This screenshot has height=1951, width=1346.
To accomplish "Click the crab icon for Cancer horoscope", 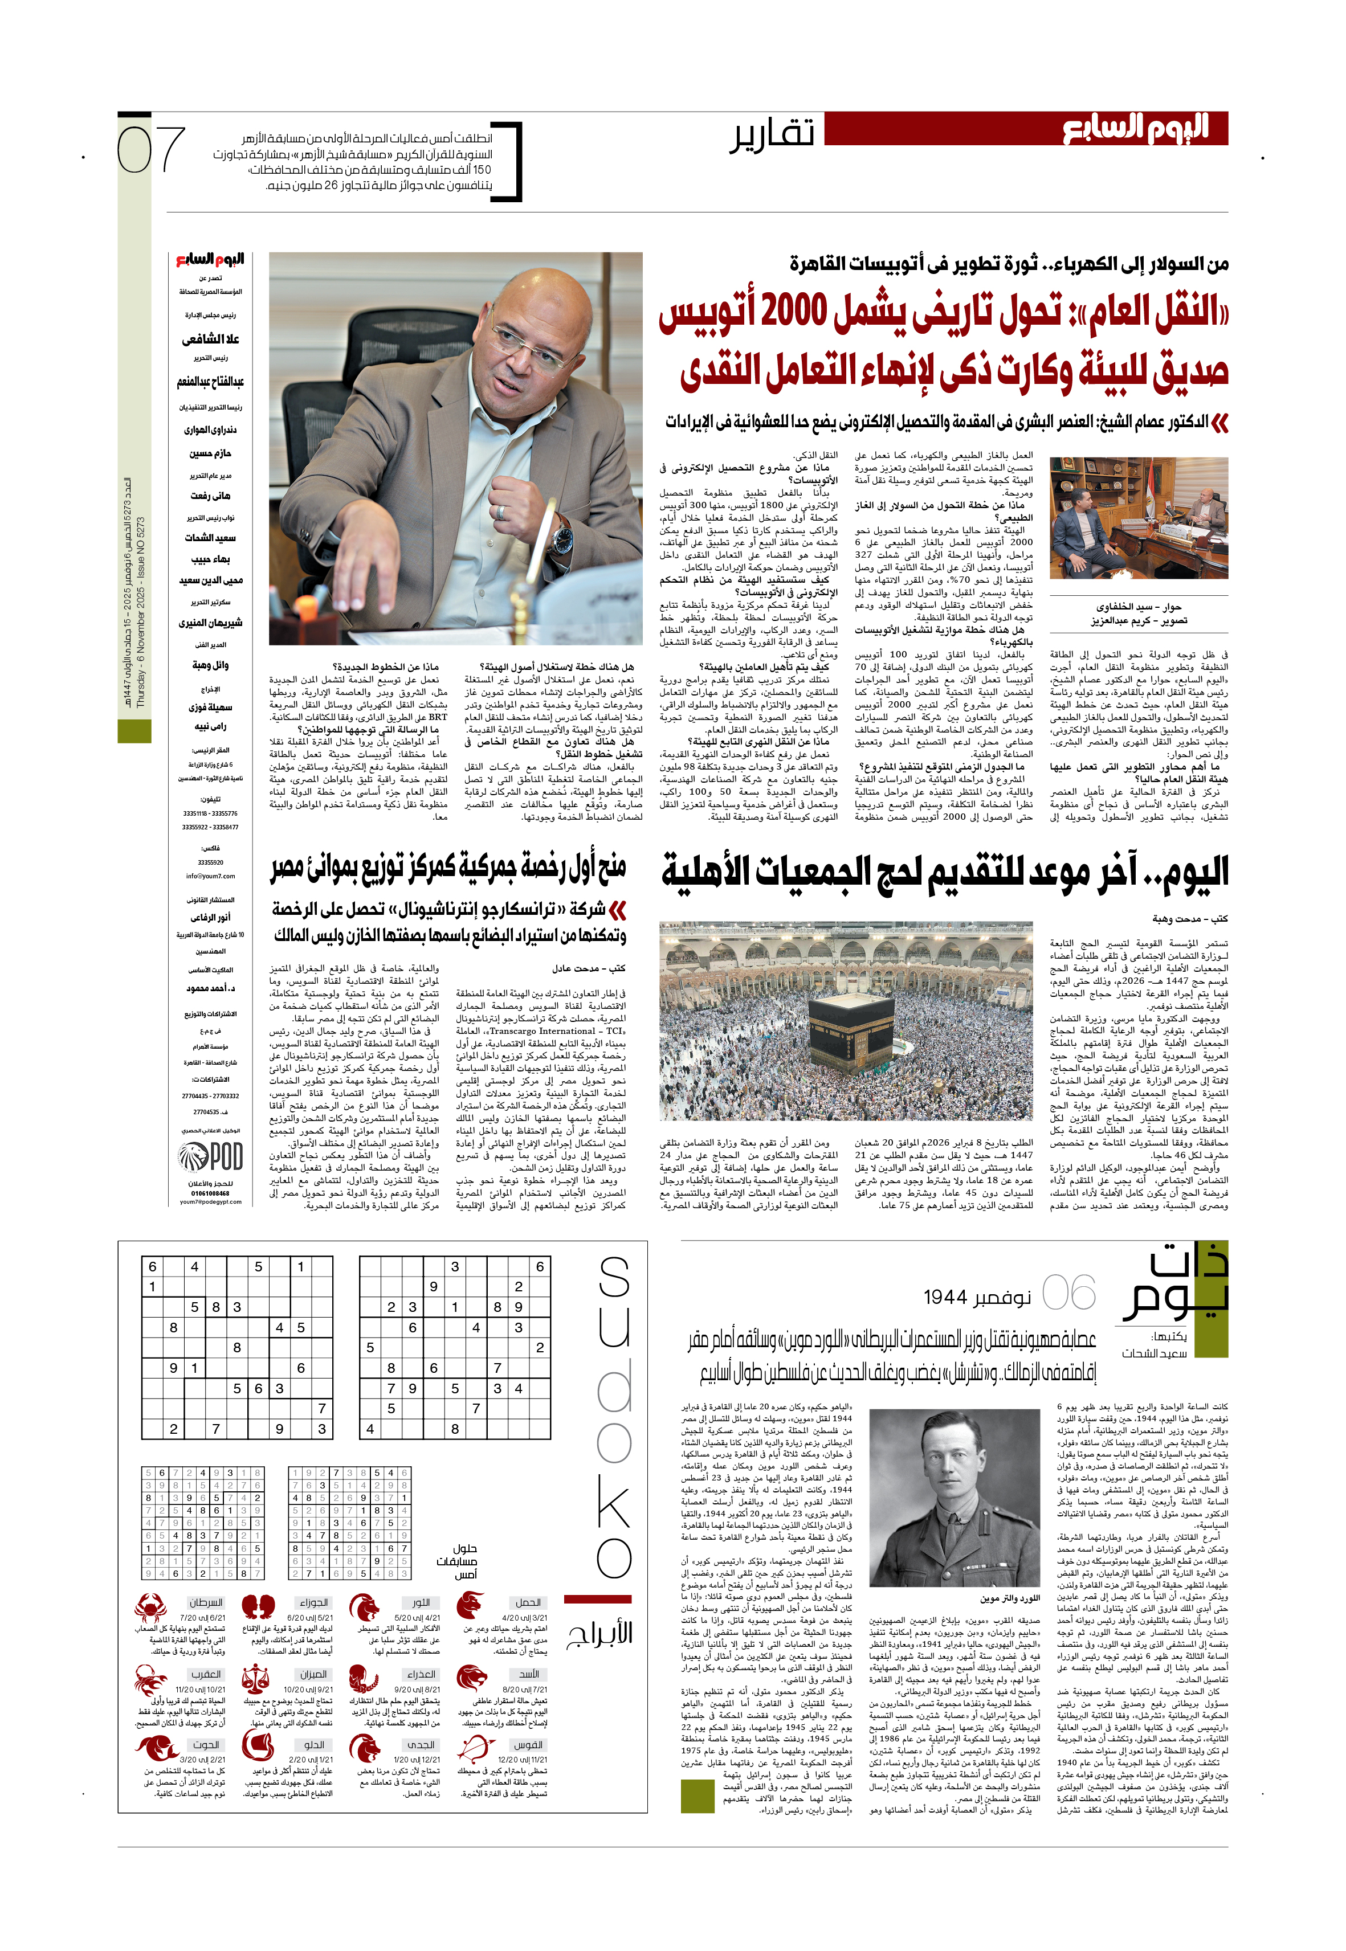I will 149,1609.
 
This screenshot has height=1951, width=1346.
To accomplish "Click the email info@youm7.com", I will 210,876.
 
